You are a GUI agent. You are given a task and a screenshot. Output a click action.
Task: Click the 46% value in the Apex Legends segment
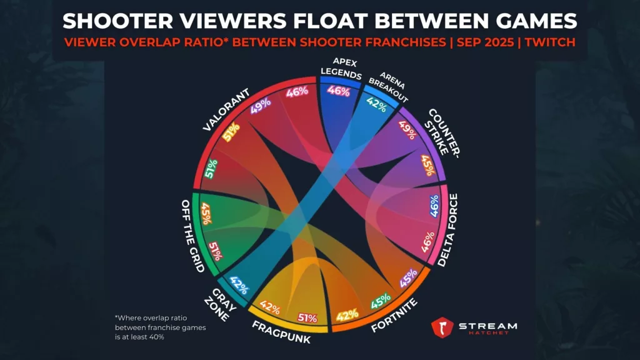tap(338, 91)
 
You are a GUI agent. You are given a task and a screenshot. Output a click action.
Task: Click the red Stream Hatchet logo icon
tap(442, 327)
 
